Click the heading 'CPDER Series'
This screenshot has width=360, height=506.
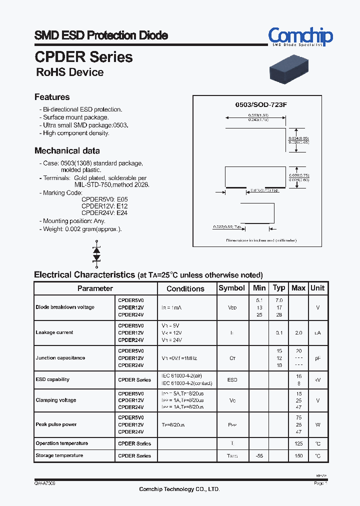(x=83, y=57)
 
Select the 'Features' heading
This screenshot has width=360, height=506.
(x=52, y=97)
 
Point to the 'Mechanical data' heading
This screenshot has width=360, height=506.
(x=67, y=150)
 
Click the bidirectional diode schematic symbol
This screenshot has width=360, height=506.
(x=96, y=253)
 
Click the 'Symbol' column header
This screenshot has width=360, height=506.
(x=232, y=288)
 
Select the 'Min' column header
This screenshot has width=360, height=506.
(x=259, y=288)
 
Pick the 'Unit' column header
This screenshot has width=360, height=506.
(x=317, y=288)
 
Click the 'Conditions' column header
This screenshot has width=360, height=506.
(x=185, y=288)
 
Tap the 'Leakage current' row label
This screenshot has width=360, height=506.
(x=54, y=332)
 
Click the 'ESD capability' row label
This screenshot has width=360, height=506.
(x=52, y=379)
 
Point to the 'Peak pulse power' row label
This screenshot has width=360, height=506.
(x=56, y=424)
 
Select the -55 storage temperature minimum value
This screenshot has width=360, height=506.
(x=259, y=456)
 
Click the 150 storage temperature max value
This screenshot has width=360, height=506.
(x=298, y=456)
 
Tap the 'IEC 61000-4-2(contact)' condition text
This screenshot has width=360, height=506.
(x=186, y=383)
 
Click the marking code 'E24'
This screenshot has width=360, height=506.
(x=122, y=212)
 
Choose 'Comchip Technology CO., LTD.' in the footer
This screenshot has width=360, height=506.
(x=179, y=489)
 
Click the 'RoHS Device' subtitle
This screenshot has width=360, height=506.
(x=70, y=72)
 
